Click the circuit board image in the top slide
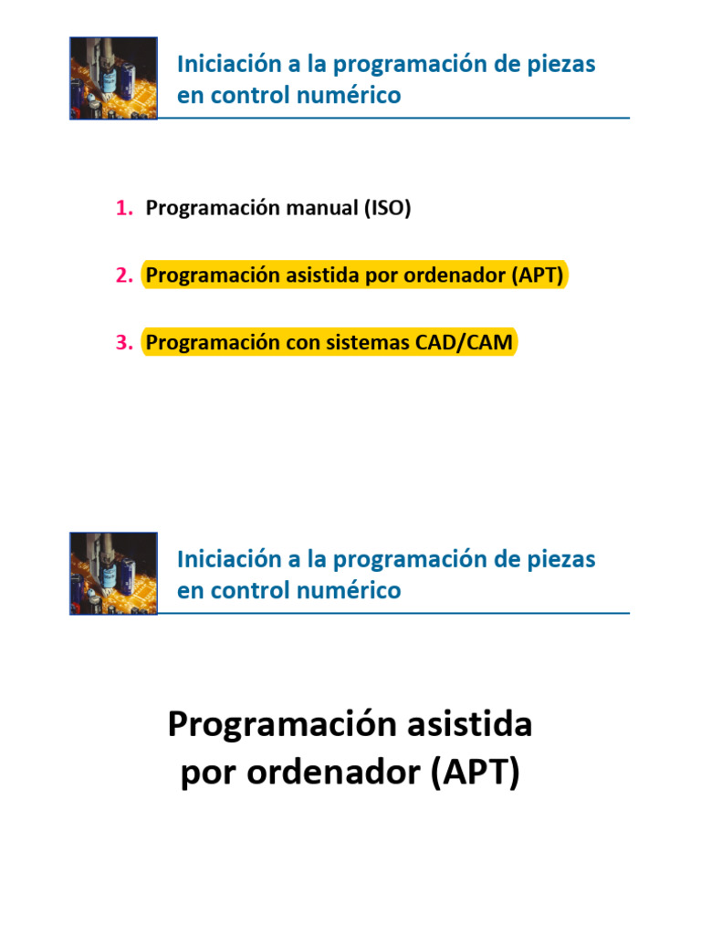pos(113,78)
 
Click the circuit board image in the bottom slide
pos(113,574)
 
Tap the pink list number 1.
pos(124,209)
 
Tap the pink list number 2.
pos(124,275)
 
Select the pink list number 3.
pos(124,343)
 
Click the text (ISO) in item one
pos(387,209)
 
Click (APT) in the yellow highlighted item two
pos(538,275)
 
